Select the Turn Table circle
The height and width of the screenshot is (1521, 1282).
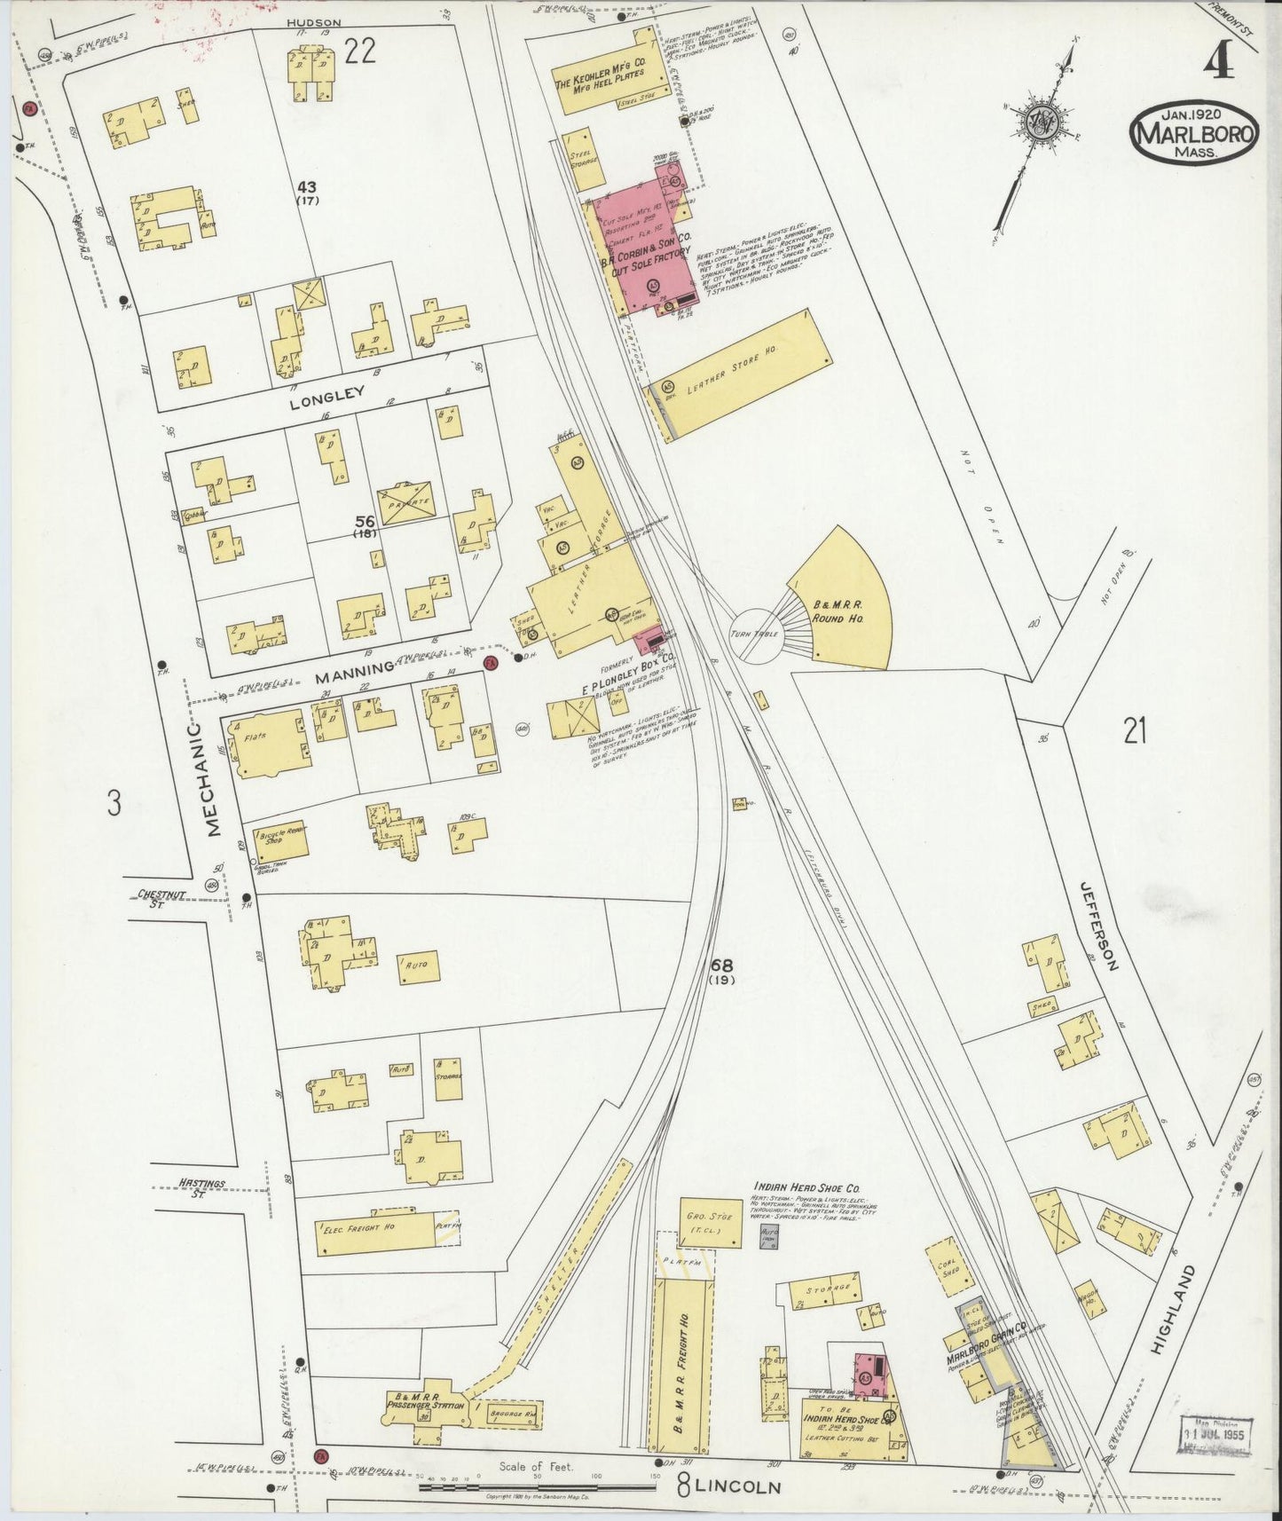(754, 634)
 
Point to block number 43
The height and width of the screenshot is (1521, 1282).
(308, 187)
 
